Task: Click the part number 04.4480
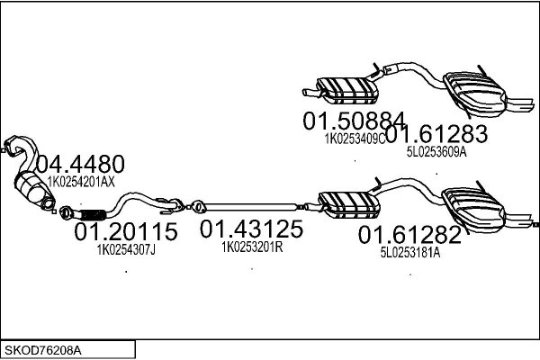pyautogui.click(x=80, y=164)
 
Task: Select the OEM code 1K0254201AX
pyautogui.click(x=81, y=182)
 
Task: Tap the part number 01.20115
pyautogui.click(x=126, y=231)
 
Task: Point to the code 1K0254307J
pyautogui.click(x=126, y=250)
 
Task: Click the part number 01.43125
pyautogui.click(x=251, y=229)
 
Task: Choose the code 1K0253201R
pyautogui.click(x=252, y=247)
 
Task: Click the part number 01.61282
pyautogui.click(x=409, y=235)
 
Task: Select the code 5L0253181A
pyautogui.click(x=410, y=253)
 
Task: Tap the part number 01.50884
pyautogui.click(x=355, y=121)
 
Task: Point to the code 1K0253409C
pyautogui.click(x=355, y=139)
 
